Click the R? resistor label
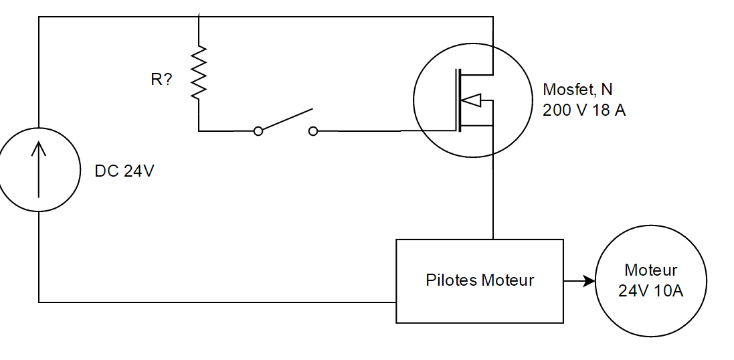coord(161,80)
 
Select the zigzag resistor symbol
coord(199,72)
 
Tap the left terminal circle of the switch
coord(258,131)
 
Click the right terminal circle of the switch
coord(312,131)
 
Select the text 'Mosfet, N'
coord(577,90)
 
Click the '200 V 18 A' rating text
coord(583,110)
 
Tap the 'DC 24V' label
coord(124,171)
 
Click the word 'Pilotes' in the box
coord(448,280)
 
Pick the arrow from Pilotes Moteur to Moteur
coord(579,281)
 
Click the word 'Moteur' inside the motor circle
coord(650,270)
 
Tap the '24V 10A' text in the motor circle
coord(650,291)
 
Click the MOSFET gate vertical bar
coord(458,100)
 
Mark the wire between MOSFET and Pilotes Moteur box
coord(493,201)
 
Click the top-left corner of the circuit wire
coord(39,17)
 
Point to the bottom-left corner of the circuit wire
coord(39,302)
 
